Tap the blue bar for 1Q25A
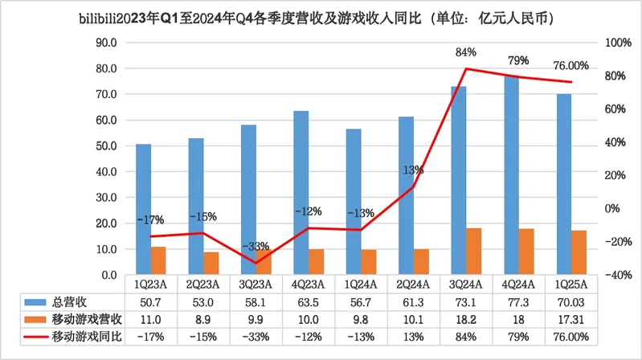(564, 185)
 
